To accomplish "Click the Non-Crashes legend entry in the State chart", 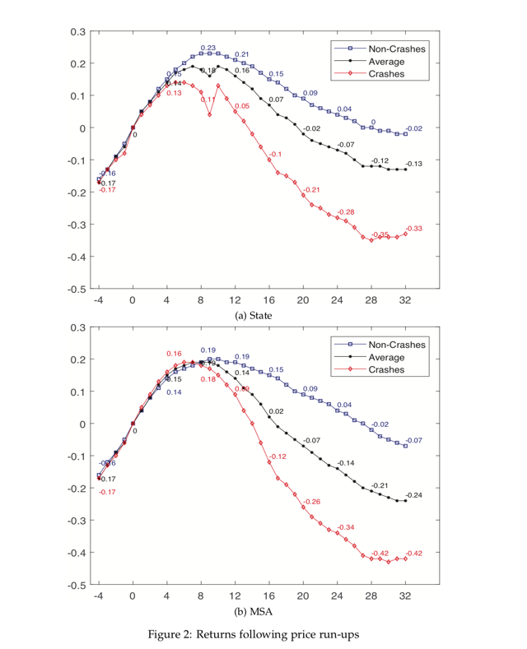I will [396, 49].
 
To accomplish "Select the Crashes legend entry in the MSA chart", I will [387, 370].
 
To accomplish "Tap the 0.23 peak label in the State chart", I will [208, 48].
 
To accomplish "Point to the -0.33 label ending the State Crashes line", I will [413, 228].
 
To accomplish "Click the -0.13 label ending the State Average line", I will [413, 165].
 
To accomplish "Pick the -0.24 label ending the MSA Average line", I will [413, 495].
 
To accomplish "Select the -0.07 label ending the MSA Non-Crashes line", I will [413, 440].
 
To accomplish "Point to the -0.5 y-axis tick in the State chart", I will [76, 290].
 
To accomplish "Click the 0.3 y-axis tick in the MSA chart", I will [78, 327].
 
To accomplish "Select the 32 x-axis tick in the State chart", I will [405, 300].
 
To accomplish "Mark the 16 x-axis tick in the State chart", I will [269, 300].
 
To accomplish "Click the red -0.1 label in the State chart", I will [276, 154].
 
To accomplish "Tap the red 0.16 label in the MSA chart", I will [174, 353].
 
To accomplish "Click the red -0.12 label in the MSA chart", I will [277, 457].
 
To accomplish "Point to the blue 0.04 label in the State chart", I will [344, 109].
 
